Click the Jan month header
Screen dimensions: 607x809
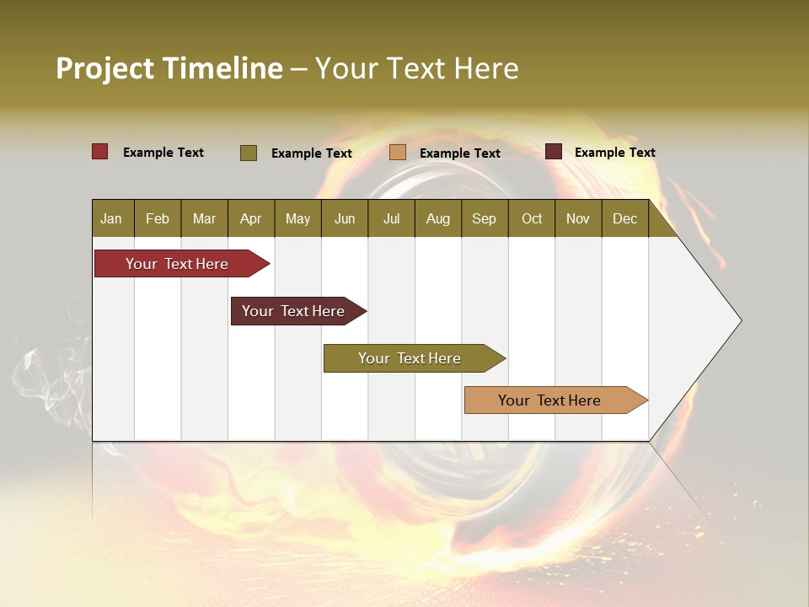pos(112,218)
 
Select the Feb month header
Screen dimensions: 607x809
pos(158,218)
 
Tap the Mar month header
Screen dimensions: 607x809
pos(204,218)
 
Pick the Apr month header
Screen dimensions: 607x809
pos(251,218)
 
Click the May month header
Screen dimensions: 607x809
pos(297,218)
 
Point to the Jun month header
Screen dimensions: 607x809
pos(345,218)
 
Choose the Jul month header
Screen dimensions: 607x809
pos(391,218)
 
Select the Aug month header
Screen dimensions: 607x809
pos(438,218)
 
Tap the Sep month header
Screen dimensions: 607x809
pos(485,218)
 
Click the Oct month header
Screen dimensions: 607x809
pos(532,218)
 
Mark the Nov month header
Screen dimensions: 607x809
pos(578,218)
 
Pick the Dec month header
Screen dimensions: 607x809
pos(625,218)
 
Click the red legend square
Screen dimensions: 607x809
pos(100,152)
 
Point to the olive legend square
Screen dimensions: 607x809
pos(249,153)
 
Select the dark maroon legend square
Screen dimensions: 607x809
pos(554,152)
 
